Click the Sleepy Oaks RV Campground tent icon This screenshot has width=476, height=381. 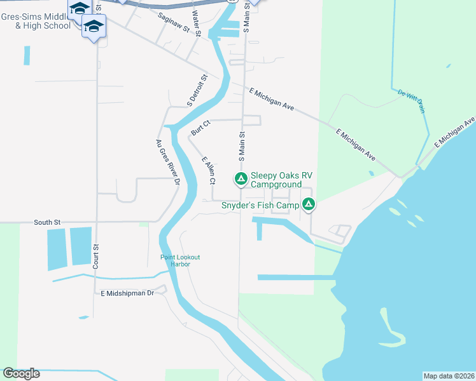241,179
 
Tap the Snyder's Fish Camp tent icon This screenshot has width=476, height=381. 308,204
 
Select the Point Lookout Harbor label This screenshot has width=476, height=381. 180,260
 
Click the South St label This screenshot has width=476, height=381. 47,223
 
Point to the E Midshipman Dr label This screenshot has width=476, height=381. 128,293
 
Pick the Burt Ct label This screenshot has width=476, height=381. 200,127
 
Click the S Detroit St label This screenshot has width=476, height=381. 197,90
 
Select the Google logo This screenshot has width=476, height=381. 21,373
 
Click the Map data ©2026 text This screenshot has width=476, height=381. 449,375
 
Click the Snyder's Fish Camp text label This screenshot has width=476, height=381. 260,205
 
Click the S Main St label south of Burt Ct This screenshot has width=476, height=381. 242,148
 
